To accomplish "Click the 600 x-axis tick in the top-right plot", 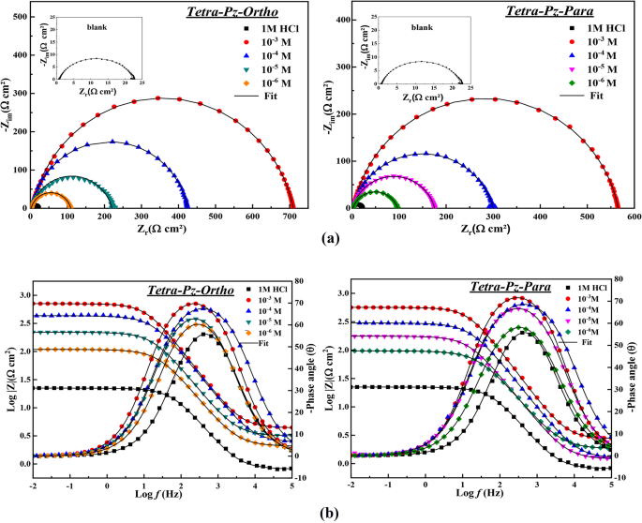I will click(x=634, y=217).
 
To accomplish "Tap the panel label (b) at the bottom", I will click(x=321, y=514).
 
